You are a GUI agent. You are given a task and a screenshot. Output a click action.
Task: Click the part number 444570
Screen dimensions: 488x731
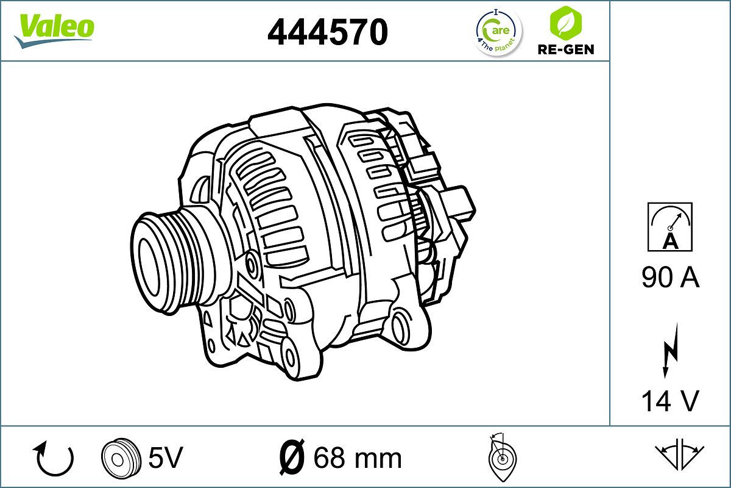[x=328, y=32]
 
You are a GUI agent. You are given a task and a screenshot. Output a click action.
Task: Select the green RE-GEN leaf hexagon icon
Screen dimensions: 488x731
[x=565, y=23]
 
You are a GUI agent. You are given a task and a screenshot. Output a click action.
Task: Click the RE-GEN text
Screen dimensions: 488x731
[x=565, y=49]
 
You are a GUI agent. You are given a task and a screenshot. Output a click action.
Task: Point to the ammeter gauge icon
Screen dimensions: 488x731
[x=670, y=227]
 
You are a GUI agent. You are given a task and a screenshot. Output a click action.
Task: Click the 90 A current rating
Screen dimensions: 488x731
[x=670, y=279]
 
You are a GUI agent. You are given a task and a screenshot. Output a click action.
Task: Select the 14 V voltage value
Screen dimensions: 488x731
[x=670, y=401]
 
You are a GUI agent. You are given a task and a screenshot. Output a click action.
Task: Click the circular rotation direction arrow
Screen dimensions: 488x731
[x=54, y=459]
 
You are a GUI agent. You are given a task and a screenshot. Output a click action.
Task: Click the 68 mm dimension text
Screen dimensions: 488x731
[x=358, y=457]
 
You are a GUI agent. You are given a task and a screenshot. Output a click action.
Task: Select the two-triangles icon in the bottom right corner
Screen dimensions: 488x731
[x=679, y=454]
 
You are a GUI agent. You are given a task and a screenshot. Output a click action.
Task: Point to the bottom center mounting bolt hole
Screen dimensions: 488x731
[x=291, y=356]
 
